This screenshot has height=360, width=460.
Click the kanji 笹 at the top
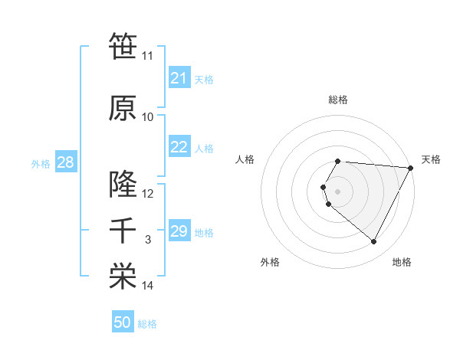click(x=123, y=47)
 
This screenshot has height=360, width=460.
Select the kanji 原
click(x=123, y=108)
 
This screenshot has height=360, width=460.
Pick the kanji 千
click(x=123, y=231)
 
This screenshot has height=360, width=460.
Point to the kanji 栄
click(x=123, y=277)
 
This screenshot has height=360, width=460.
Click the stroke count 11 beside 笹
click(x=148, y=56)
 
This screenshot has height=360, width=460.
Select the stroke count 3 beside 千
click(x=148, y=240)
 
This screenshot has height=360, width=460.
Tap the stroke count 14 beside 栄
click(x=148, y=286)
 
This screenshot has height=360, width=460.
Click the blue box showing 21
click(x=179, y=78)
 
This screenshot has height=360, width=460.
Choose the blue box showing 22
click(x=179, y=147)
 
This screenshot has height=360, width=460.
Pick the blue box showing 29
click(x=179, y=231)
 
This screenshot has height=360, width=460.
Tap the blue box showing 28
click(x=65, y=162)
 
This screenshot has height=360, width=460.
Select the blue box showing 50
click(x=123, y=322)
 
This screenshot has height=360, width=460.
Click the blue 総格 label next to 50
click(x=147, y=324)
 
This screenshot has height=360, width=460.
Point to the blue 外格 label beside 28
click(x=41, y=164)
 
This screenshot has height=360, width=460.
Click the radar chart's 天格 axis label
click(x=431, y=159)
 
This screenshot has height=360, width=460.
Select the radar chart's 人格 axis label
click(x=245, y=159)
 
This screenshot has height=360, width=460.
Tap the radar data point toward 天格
click(x=411, y=168)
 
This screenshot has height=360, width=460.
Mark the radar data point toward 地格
click(x=374, y=242)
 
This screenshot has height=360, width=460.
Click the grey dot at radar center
click(x=337, y=191)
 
